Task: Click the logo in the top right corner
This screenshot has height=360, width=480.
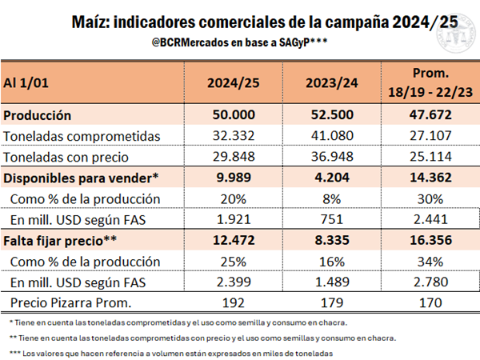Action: (x=450, y=30)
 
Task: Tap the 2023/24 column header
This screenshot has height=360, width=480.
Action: (x=330, y=82)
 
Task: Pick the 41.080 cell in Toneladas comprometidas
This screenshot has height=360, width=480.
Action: (x=330, y=136)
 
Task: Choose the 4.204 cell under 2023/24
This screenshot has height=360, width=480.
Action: (x=330, y=178)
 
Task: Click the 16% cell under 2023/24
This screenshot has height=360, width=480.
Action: (x=330, y=261)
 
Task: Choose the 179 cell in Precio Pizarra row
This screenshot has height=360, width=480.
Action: (x=330, y=302)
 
